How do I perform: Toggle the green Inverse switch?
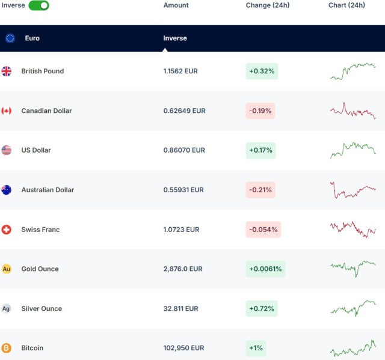tap(38, 5)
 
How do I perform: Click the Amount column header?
tap(176, 5)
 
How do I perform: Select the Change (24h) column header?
tap(268, 5)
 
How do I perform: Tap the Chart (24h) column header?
tap(346, 5)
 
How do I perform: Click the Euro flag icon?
tap(10, 38)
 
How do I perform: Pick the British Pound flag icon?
tap(7, 71)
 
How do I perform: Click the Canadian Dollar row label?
tap(46, 111)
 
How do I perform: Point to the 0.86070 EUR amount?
tap(184, 150)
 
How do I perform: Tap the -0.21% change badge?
tap(260, 190)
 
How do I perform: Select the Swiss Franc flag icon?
tap(7, 230)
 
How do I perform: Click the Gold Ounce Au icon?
tap(7, 269)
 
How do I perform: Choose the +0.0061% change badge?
tap(265, 269)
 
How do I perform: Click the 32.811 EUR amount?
tap(180, 309)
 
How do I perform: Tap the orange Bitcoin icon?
tap(7, 348)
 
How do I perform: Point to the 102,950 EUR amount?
tap(183, 348)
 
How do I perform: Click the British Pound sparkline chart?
tap(353, 71)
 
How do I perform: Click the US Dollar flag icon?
tap(7, 150)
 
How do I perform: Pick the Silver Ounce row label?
tap(42, 309)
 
